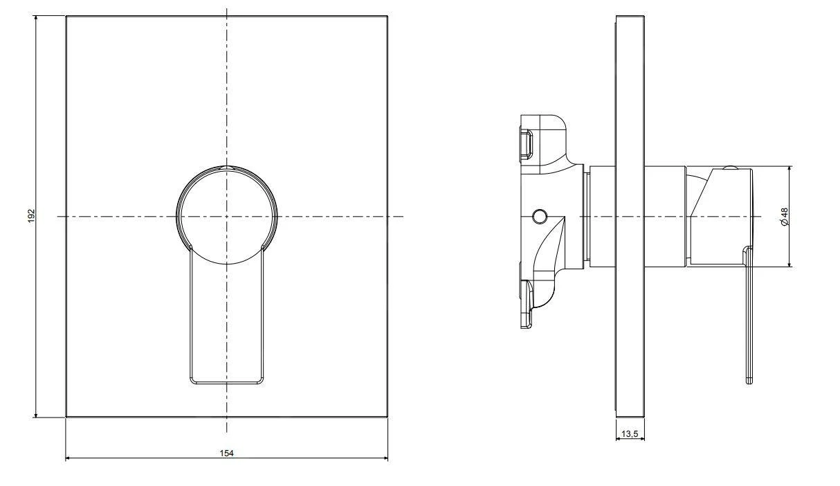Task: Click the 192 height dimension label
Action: pos(32,216)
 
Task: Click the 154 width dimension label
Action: pos(226,453)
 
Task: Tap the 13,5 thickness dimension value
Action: pos(630,434)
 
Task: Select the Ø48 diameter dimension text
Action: pos(784,217)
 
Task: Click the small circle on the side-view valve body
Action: pos(540,216)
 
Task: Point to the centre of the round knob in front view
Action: pos(226,217)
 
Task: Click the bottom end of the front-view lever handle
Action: pos(226,384)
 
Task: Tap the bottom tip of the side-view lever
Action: pos(749,383)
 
